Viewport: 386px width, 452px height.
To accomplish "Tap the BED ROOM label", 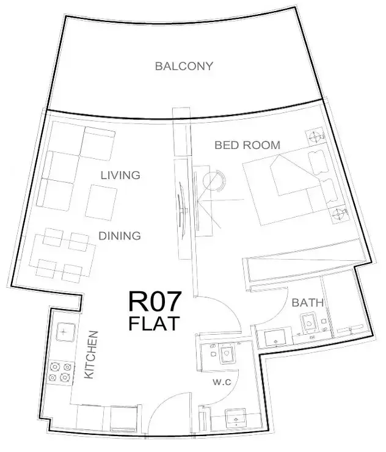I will (247, 145).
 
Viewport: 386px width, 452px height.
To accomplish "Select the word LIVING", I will (120, 175).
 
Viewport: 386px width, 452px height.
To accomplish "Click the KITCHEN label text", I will (92, 355).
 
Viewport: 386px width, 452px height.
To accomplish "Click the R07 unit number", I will (155, 301).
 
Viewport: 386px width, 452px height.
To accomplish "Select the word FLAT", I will (155, 324).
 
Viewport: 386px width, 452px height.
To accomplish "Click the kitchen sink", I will (64, 333).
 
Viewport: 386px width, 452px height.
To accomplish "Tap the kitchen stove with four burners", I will (59, 372).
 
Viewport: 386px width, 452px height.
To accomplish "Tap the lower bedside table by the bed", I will (338, 214).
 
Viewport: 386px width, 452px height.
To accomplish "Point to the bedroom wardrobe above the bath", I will (299, 269).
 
